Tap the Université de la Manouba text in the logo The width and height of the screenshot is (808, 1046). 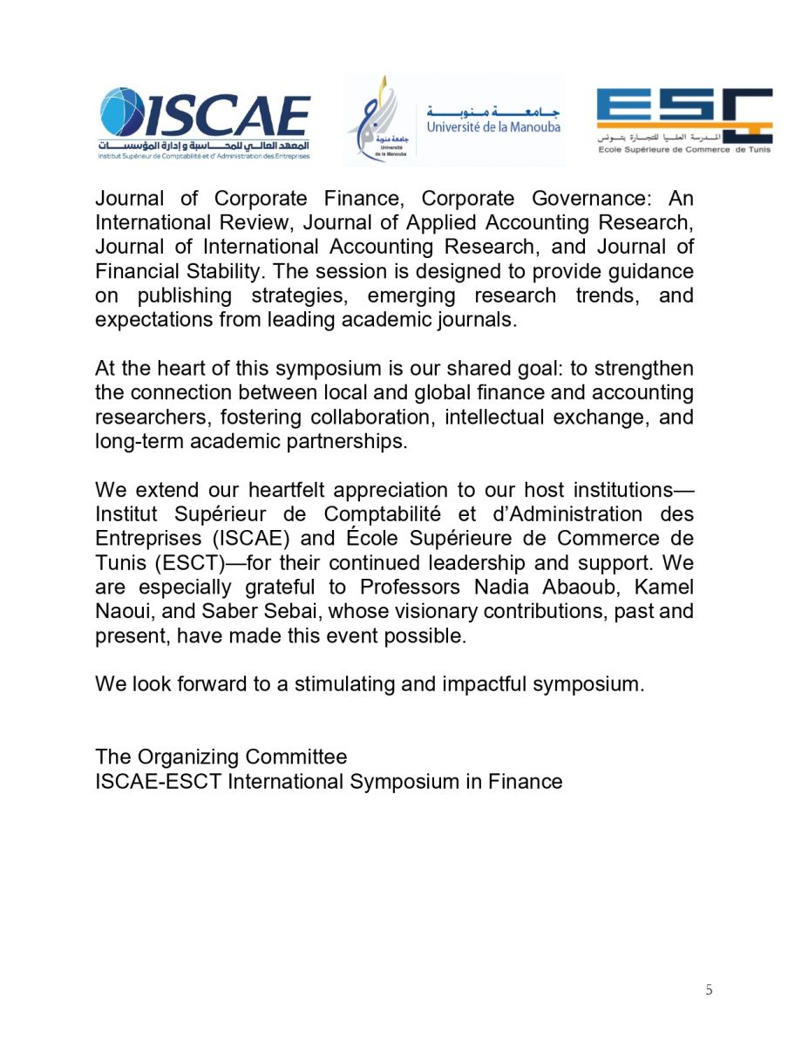click(x=493, y=127)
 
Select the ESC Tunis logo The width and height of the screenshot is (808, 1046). click(x=683, y=119)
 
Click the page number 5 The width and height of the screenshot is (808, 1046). click(x=709, y=989)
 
